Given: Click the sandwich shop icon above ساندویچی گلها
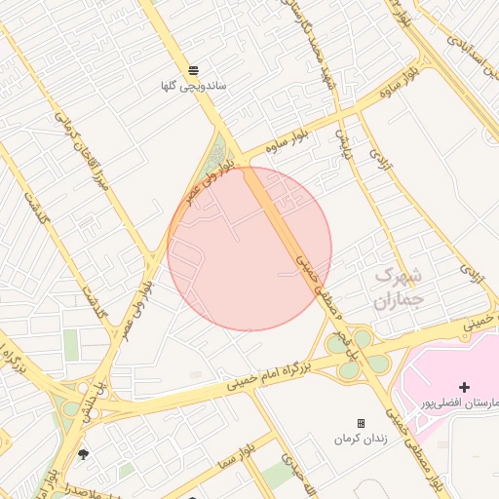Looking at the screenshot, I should [193, 70].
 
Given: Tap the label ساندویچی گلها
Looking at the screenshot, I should [194, 86].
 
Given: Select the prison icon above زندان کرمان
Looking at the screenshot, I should [362, 423].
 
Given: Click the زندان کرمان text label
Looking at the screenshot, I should [362, 439].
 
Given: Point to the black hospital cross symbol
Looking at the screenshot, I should [464, 388].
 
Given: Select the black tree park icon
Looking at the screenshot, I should [83, 454].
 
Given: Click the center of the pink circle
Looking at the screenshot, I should [249, 249].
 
